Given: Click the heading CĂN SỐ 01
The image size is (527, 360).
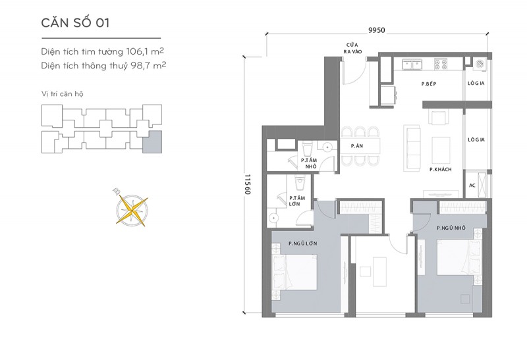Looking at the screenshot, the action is click(x=75, y=23).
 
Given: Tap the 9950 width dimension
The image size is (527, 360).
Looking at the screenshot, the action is click(x=376, y=30).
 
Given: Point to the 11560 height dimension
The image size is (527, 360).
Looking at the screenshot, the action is click(x=248, y=184).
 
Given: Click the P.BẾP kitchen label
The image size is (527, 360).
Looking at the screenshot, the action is click(x=429, y=84).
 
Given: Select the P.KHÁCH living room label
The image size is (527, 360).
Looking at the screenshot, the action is click(x=440, y=170).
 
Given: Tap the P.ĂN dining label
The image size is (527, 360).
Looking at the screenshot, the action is click(x=357, y=145).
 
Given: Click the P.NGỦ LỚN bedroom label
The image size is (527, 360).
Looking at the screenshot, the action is click(x=303, y=244).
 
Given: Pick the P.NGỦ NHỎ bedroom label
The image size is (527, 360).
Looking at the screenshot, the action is click(x=451, y=228).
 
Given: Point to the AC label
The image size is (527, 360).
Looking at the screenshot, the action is click(x=472, y=186).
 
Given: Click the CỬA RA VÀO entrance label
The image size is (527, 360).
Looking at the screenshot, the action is click(x=352, y=48).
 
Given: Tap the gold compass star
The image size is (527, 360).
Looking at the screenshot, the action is click(x=132, y=211).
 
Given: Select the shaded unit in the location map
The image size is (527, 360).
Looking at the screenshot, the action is click(x=152, y=142).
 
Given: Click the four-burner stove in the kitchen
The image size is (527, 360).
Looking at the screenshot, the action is click(x=440, y=64).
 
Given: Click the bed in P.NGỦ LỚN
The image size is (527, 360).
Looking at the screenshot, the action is click(x=294, y=272).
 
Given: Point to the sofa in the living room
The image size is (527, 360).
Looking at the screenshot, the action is click(x=413, y=144).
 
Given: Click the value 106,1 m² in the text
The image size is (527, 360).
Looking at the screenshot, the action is click(x=145, y=51).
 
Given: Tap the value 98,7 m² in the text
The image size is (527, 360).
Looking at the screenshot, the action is click(x=148, y=66).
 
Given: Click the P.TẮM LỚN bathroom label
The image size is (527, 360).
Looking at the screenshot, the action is click(x=297, y=201).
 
